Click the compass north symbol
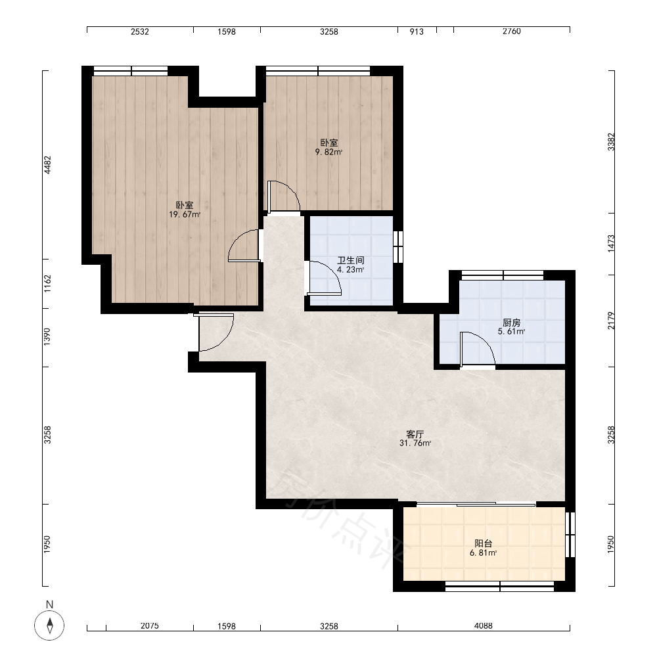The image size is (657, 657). pyautogui.click(x=49, y=625)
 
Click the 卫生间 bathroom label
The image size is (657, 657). pyautogui.click(x=351, y=260)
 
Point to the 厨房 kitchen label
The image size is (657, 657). pyautogui.click(x=512, y=323)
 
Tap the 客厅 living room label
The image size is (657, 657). pyautogui.click(x=415, y=434)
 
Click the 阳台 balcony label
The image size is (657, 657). pyautogui.click(x=483, y=543)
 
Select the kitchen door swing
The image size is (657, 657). pyautogui.click(x=478, y=349)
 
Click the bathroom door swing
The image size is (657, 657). pyautogui.click(x=325, y=278)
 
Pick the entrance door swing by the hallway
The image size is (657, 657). pyautogui.click(x=215, y=332)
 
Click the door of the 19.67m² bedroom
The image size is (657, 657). pyautogui.click(x=244, y=246)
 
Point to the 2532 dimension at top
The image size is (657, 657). pyautogui.click(x=140, y=32)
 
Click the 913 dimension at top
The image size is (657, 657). pyautogui.click(x=417, y=32)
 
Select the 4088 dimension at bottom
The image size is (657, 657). pyautogui.click(x=484, y=626)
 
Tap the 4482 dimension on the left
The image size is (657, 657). pyautogui.click(x=47, y=165)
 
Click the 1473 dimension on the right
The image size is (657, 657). pyautogui.click(x=611, y=244)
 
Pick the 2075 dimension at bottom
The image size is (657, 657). pyautogui.click(x=150, y=626)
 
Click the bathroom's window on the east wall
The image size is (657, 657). pyautogui.click(x=398, y=246)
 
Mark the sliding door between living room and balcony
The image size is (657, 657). pyautogui.click(x=476, y=504)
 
